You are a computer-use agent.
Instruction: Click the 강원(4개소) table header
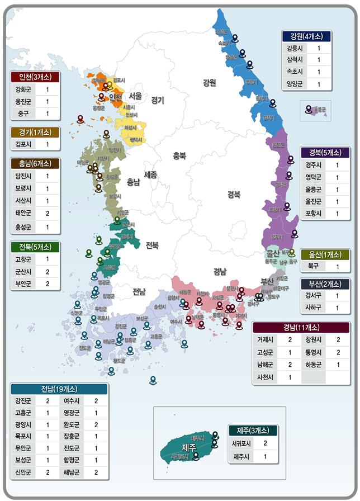[306, 36]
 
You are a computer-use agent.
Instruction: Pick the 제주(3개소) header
[253, 431]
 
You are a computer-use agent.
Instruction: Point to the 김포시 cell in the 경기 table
[24, 144]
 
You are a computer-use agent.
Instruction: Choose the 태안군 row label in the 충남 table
[24, 213]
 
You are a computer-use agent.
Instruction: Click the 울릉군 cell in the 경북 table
[312, 190]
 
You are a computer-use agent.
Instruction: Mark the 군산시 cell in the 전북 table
[24, 271]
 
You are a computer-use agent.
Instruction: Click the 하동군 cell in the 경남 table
[311, 365]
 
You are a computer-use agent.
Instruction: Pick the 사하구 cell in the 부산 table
[313, 308]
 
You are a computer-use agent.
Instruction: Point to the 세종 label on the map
[150, 174]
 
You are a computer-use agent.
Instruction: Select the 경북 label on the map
[233, 195]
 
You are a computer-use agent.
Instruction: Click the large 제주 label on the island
[189, 447]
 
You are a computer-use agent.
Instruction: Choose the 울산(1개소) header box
[325, 254]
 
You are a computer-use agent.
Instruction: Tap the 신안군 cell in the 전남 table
[24, 472]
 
